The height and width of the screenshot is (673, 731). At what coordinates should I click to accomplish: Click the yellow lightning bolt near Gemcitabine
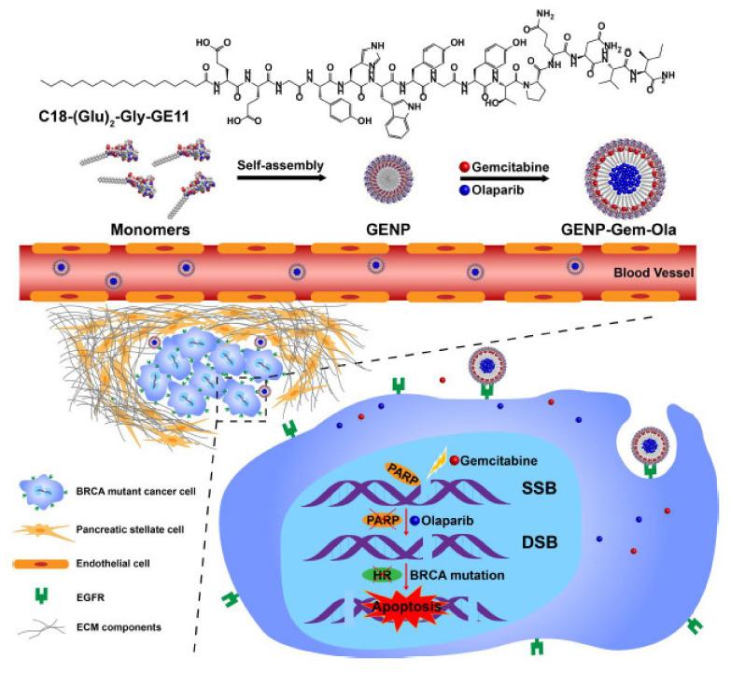(431, 456)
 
